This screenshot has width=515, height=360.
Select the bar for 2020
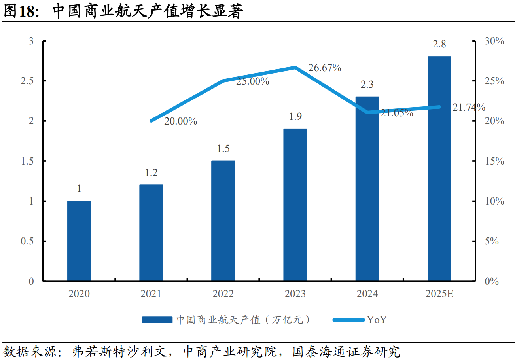tap(79, 241)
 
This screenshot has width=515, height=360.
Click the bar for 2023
tap(295, 205)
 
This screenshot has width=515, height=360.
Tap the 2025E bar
tap(439, 169)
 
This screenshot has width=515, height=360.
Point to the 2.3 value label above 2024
tap(367, 85)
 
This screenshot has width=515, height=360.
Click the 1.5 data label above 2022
tap(223, 149)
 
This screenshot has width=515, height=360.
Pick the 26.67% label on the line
tap(325, 68)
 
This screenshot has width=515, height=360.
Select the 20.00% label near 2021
tap(181, 121)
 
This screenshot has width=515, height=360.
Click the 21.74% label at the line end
tap(469, 107)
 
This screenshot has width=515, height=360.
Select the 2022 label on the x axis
tap(223, 294)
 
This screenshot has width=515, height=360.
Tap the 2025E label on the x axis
tap(439, 294)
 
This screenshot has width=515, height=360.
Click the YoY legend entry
tap(376, 320)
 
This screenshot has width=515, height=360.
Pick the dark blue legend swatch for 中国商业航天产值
tap(157, 320)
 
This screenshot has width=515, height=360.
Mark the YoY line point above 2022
tap(223, 81)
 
